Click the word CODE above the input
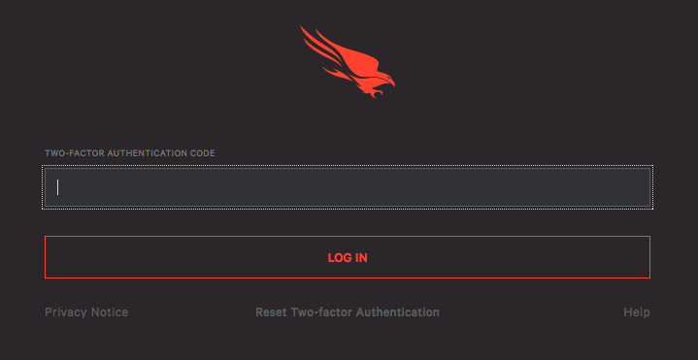point(204,153)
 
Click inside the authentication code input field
point(347,187)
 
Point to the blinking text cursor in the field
point(58,187)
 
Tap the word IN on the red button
point(360,258)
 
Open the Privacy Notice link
point(86,312)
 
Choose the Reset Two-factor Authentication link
point(347,312)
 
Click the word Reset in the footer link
point(271,312)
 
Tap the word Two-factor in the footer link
point(321,312)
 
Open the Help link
point(636,312)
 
